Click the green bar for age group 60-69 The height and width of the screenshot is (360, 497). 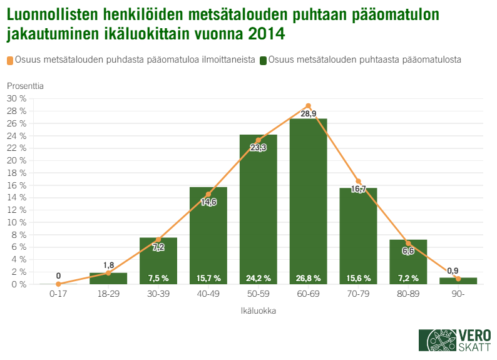(308, 200)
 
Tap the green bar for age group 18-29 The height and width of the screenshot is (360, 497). (108, 279)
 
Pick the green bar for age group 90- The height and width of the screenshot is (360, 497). (458, 281)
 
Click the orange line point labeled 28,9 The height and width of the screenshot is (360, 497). (308, 106)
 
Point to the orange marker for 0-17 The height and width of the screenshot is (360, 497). (58, 284)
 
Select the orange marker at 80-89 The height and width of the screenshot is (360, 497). (408, 243)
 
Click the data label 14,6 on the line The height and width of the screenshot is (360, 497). (208, 202)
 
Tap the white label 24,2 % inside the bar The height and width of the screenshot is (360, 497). (258, 278)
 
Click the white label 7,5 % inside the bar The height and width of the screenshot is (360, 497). (158, 278)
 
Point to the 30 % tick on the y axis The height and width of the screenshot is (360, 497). (16, 99)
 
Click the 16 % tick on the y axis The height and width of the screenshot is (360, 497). (16, 185)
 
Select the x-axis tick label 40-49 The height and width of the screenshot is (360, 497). (208, 294)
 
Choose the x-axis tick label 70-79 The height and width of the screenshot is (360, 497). (358, 294)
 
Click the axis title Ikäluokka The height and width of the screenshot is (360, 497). (258, 310)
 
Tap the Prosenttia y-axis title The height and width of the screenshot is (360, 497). (26, 85)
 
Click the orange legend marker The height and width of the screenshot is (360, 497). (10, 60)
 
